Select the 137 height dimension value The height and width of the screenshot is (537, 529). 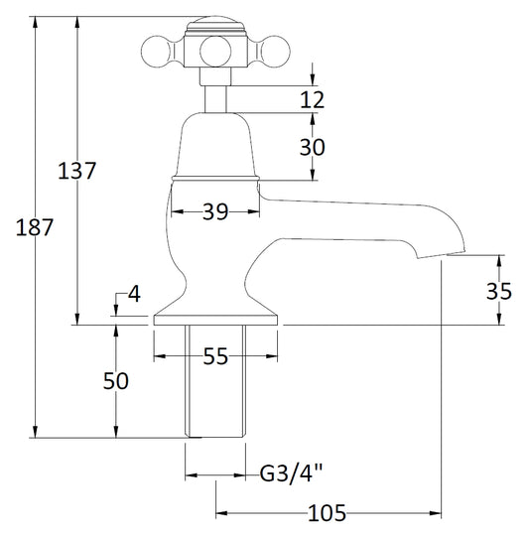[x=77, y=171]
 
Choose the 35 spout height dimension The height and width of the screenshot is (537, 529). [x=500, y=291]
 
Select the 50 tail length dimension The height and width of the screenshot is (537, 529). [x=117, y=380]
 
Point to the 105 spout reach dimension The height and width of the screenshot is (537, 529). [x=327, y=513]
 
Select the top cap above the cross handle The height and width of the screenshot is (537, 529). [x=213, y=23]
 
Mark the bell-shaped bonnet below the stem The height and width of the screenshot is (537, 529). [x=215, y=144]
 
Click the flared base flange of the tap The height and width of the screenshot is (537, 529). [x=216, y=310]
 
